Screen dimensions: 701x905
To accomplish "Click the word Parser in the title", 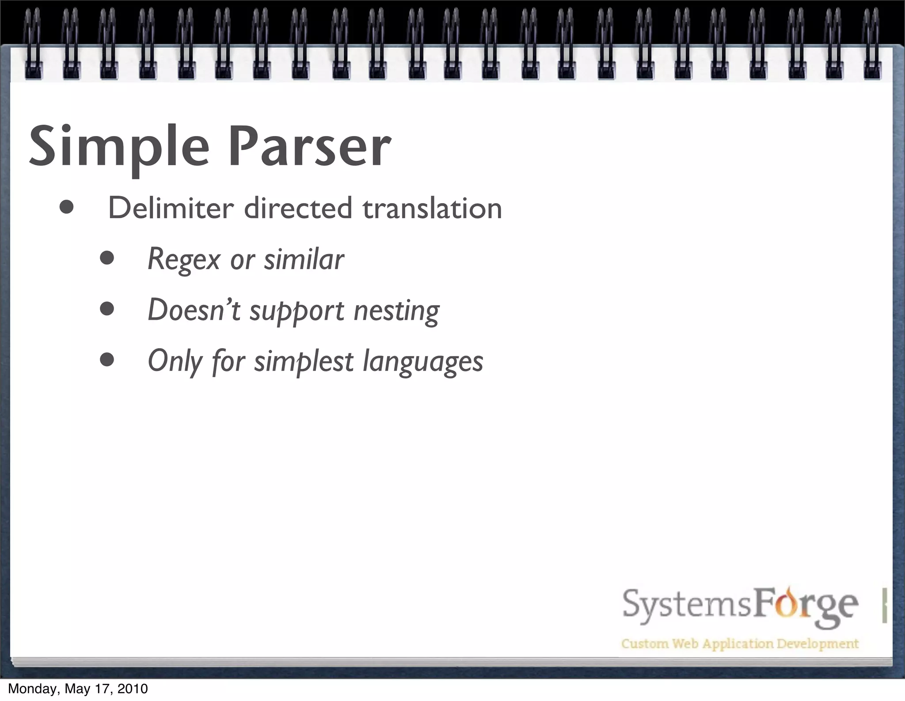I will point(309,147).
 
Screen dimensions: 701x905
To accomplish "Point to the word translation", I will point(432,208).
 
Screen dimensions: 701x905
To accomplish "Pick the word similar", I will point(304,259).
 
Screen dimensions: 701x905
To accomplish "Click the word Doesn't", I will point(194,310).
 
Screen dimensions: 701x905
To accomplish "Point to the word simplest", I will point(304,362).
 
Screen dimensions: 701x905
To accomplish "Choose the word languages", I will point(423,362).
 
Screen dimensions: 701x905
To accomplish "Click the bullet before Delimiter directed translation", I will point(67,208).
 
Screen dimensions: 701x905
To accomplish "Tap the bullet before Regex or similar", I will point(107,259).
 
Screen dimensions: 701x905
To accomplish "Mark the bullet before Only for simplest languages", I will point(107,360).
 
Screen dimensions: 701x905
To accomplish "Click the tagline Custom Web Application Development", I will point(740,644).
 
